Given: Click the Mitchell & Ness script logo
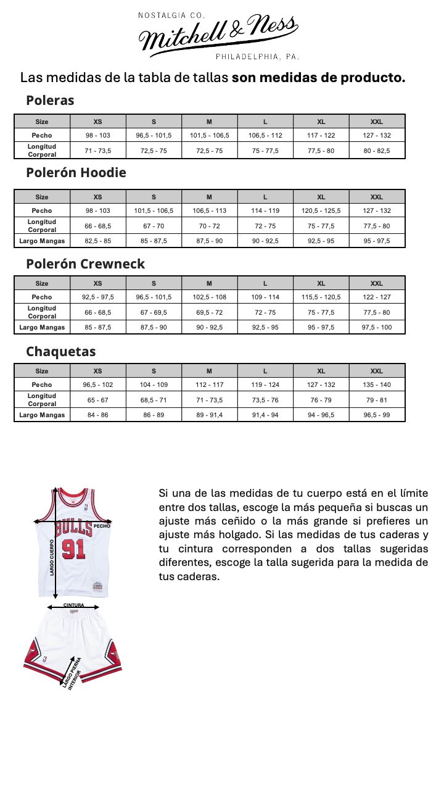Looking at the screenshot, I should click(x=218, y=35).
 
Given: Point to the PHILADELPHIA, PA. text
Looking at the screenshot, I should click(x=258, y=57).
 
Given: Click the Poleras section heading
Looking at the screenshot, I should click(x=50, y=101).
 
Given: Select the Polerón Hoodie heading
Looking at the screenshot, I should click(x=76, y=173).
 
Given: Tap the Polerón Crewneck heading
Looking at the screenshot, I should click(x=85, y=264).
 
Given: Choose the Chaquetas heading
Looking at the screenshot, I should click(x=60, y=352).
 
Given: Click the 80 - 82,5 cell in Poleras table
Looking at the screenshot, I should click(x=377, y=151).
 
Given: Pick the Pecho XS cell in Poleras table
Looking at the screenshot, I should click(x=97, y=135).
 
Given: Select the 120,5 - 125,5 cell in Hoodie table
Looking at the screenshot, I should click(x=321, y=210).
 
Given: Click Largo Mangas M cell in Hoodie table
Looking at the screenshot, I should click(x=209, y=241).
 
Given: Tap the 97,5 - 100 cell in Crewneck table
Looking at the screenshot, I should click(x=377, y=327).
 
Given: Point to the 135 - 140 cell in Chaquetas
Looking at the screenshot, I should click(x=377, y=385).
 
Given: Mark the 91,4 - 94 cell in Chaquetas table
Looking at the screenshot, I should click(x=265, y=415).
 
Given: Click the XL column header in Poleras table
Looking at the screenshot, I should click(x=321, y=122).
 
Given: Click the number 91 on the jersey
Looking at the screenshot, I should click(x=73, y=548).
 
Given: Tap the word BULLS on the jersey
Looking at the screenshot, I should click(x=73, y=529).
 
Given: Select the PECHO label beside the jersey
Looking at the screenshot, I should click(x=102, y=526).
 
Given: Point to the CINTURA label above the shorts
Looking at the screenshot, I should click(x=73, y=605).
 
